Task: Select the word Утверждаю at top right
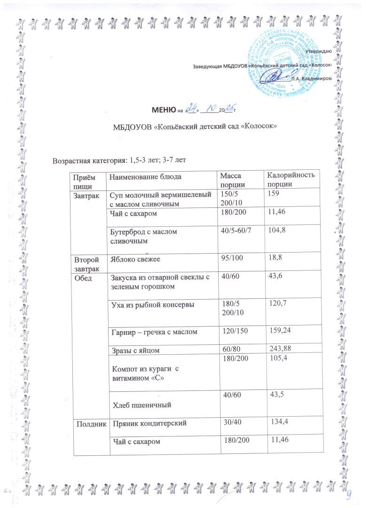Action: click(319, 51)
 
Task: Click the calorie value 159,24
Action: click(281, 333)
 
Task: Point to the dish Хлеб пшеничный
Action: click(140, 404)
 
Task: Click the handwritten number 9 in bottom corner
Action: click(349, 493)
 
